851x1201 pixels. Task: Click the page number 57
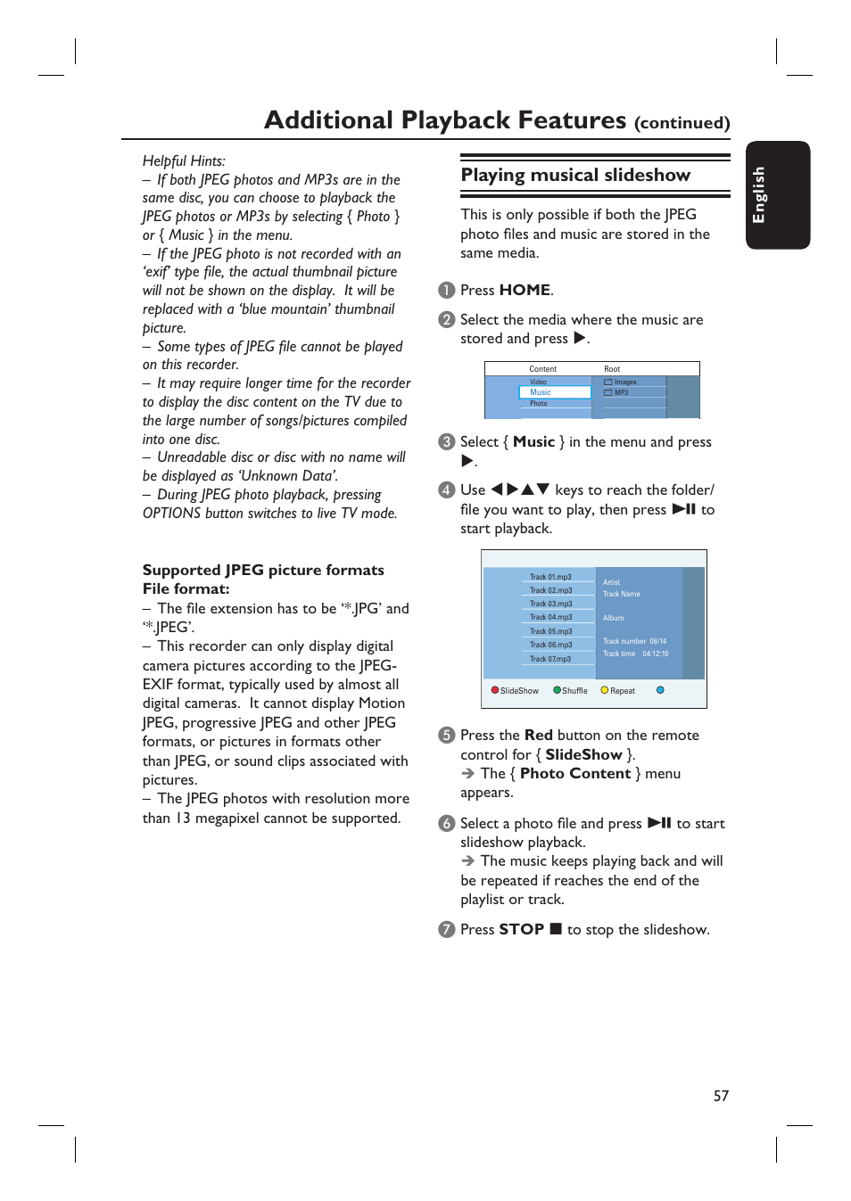(721, 1096)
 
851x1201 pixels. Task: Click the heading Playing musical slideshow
(575, 175)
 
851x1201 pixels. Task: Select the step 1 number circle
(447, 291)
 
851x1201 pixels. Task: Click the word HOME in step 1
(525, 290)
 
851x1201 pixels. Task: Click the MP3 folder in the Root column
(621, 392)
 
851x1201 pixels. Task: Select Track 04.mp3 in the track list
(550, 617)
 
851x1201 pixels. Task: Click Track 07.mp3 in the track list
(550, 659)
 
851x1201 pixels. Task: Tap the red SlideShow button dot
(495, 690)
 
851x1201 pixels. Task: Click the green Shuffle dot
(557, 690)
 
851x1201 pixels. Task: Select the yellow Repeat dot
(604, 690)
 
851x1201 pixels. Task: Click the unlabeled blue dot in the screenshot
(660, 690)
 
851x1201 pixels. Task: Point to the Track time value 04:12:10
(655, 654)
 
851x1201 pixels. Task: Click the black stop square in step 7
(556, 929)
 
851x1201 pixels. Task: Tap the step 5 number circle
(447, 736)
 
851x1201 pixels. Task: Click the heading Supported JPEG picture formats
(263, 570)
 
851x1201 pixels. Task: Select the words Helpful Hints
(184, 160)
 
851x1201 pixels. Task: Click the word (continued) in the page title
(682, 123)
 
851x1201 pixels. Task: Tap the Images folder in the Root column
(624, 382)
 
